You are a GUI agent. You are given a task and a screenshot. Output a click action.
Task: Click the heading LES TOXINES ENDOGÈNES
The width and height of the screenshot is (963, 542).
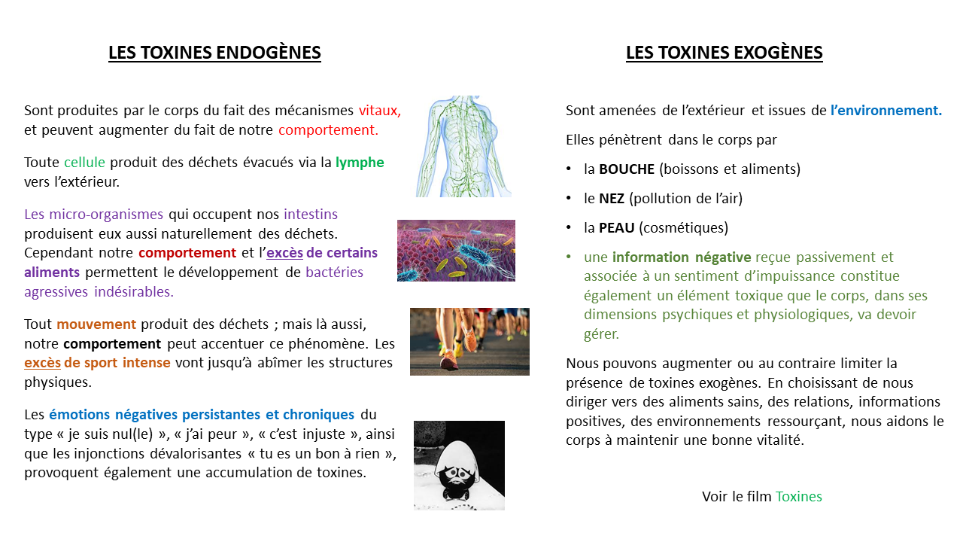click(x=214, y=53)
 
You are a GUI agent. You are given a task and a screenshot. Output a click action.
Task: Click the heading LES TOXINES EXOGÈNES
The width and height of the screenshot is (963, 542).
click(x=724, y=53)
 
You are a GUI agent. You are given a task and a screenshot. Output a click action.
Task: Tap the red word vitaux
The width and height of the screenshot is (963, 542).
click(x=380, y=111)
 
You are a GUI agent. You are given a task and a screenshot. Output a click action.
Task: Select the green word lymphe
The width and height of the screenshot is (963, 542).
click(x=360, y=163)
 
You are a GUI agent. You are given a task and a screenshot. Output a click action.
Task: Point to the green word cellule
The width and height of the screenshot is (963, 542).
click(x=85, y=163)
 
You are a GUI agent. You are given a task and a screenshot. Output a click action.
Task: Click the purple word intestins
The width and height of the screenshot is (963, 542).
click(x=311, y=214)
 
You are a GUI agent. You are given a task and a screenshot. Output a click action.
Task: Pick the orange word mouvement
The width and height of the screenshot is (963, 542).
click(x=96, y=324)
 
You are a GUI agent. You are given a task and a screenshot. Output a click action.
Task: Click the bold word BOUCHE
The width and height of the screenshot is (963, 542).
click(x=627, y=169)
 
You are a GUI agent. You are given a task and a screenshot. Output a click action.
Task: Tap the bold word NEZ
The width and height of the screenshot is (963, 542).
click(x=612, y=199)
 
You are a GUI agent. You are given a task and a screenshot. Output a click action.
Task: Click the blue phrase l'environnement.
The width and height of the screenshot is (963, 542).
click(x=886, y=111)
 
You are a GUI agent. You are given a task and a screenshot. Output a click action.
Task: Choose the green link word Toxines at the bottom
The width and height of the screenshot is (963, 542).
click(x=798, y=497)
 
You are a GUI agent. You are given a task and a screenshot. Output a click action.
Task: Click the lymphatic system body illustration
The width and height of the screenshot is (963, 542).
click(x=463, y=146)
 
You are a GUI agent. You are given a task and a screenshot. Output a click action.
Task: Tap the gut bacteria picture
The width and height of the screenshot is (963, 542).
click(x=456, y=251)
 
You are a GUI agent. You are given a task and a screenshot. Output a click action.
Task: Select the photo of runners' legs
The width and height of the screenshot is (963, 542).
click(x=469, y=341)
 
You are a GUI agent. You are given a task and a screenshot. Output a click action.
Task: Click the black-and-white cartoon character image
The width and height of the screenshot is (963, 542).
click(x=459, y=465)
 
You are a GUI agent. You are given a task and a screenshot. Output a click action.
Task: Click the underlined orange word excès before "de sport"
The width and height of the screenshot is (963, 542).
click(x=42, y=364)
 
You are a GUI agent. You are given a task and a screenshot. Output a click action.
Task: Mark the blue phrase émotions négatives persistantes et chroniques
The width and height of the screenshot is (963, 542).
click(x=202, y=415)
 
